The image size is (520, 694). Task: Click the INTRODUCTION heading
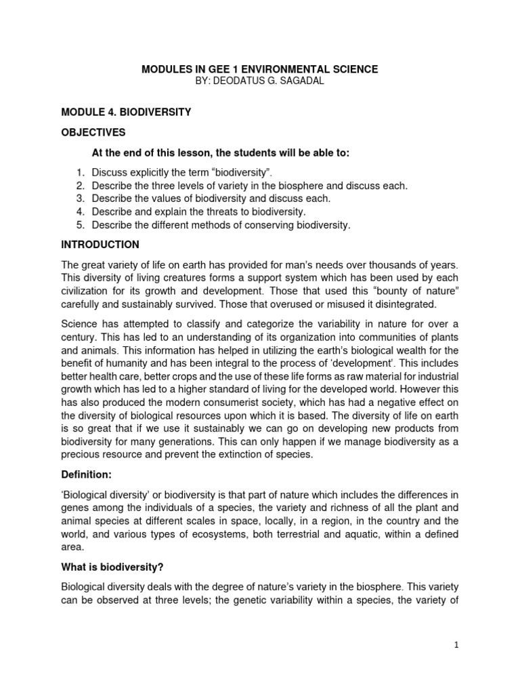tap(100, 245)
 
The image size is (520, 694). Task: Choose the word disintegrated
tap(397, 304)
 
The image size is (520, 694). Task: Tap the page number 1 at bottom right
tap(457, 647)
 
